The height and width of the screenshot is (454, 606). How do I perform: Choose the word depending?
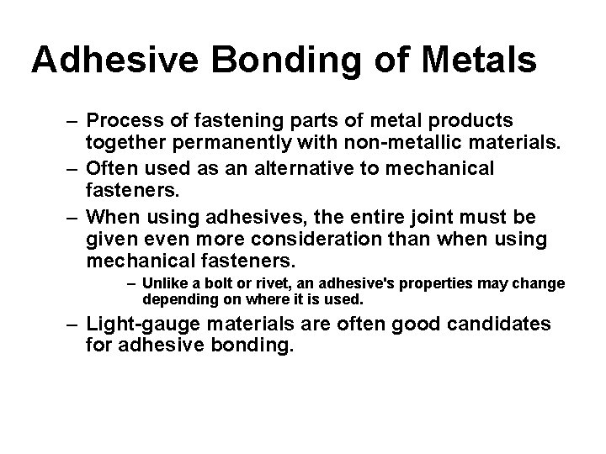[174, 299]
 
